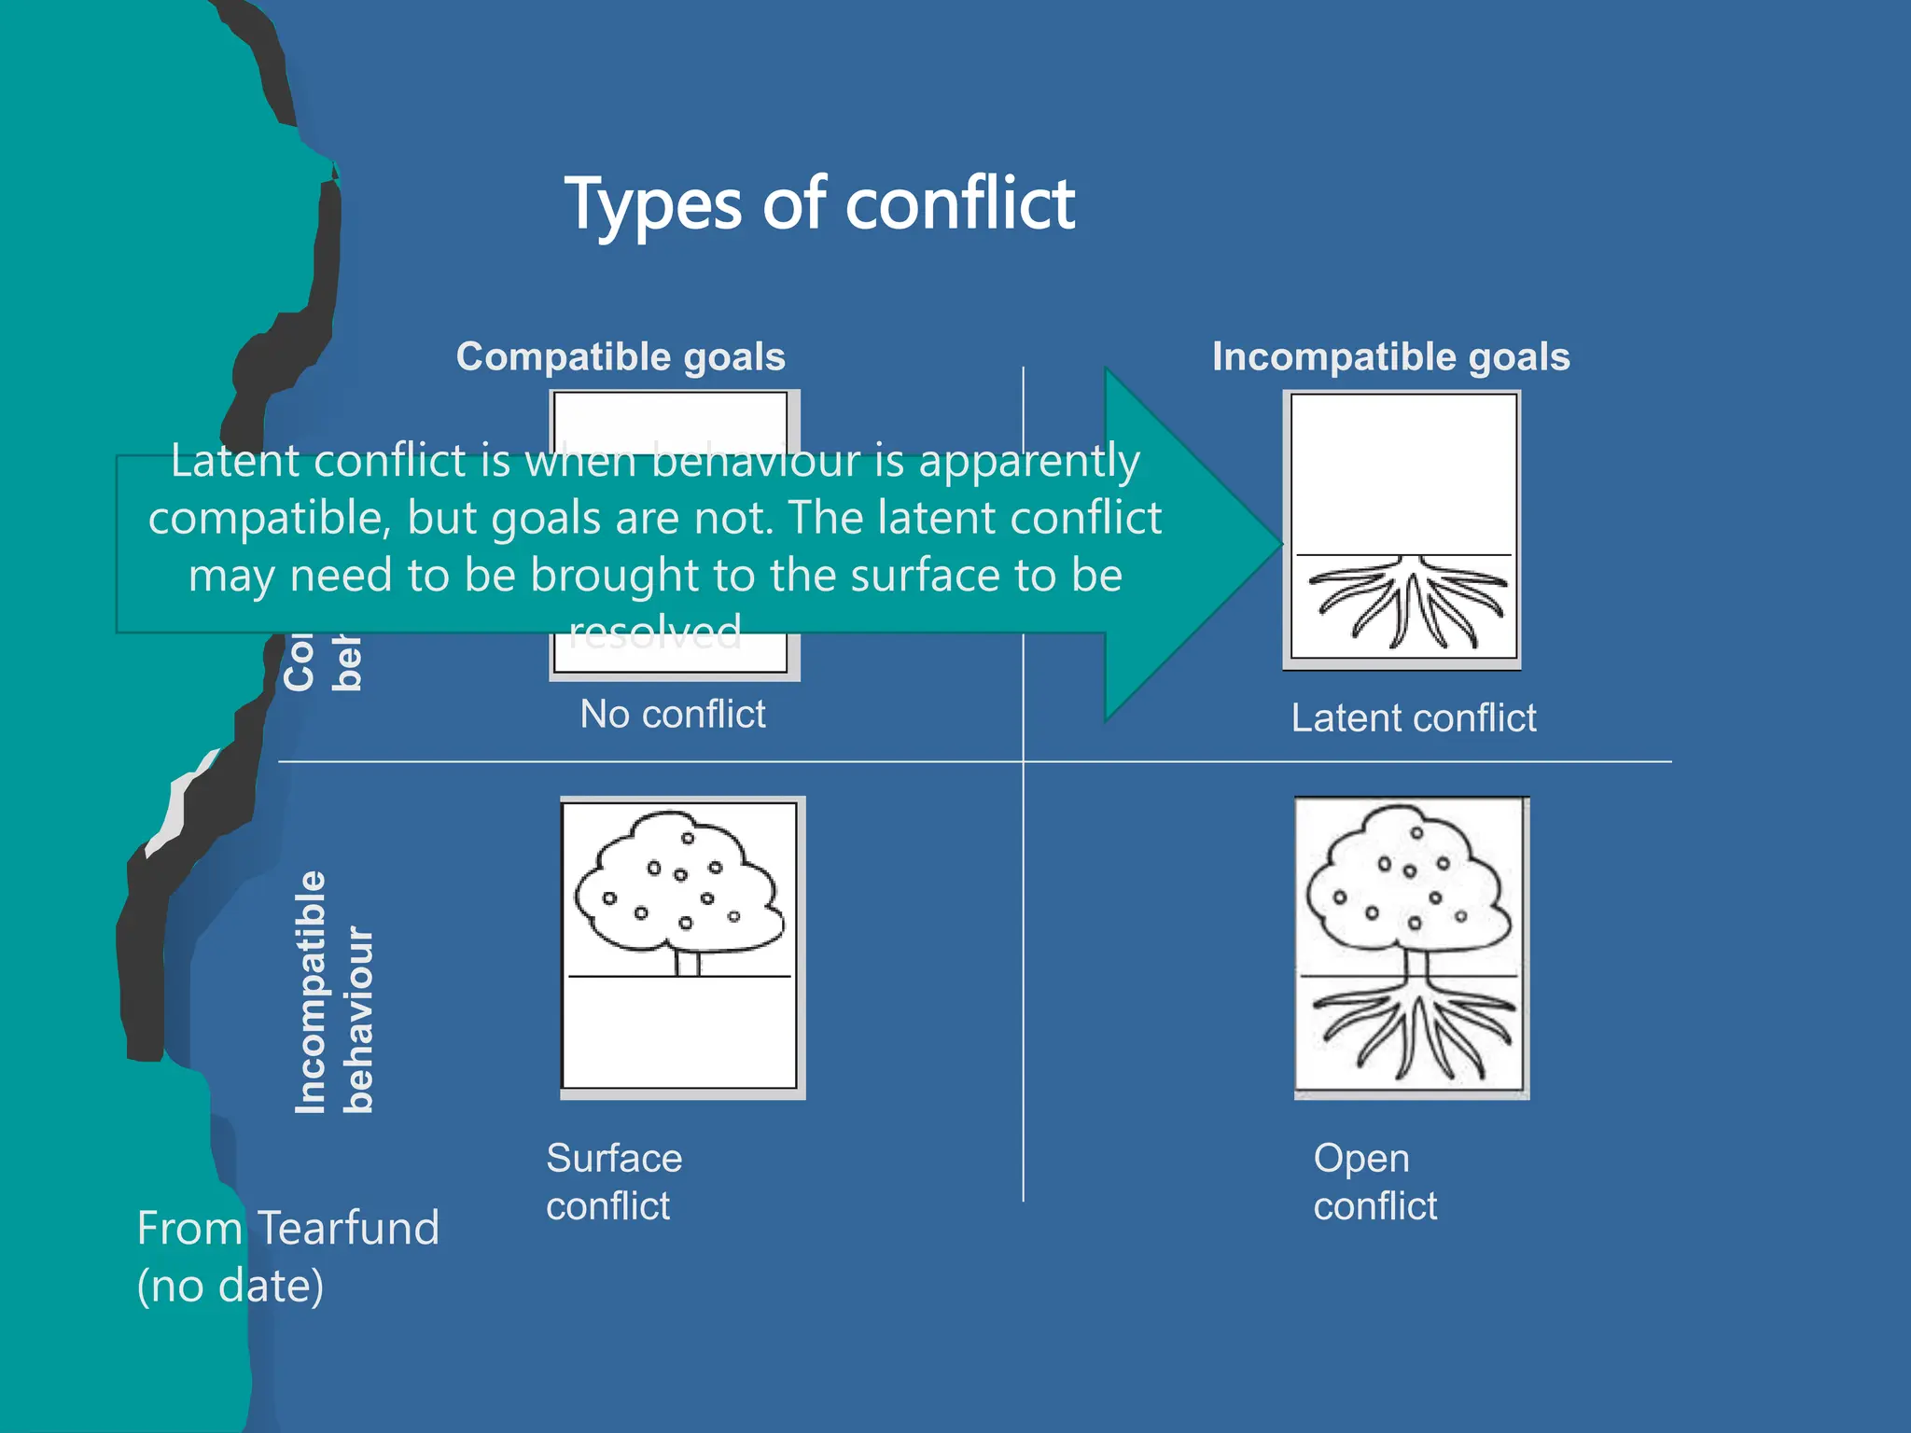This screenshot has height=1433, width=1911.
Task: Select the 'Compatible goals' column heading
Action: tap(621, 357)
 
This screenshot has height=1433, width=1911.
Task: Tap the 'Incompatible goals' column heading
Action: tap(1390, 357)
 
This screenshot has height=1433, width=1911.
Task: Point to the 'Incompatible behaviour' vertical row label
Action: tap(333, 993)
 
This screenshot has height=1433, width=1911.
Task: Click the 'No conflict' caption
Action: tap(672, 715)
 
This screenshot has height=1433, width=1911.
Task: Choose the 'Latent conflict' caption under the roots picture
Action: tap(1413, 718)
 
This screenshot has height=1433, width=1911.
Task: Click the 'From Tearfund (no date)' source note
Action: tap(286, 1256)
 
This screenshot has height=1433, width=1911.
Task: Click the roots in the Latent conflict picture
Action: tap(1407, 601)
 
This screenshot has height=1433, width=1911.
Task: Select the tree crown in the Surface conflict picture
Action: tap(679, 882)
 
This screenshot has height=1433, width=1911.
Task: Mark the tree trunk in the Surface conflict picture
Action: tap(688, 962)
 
